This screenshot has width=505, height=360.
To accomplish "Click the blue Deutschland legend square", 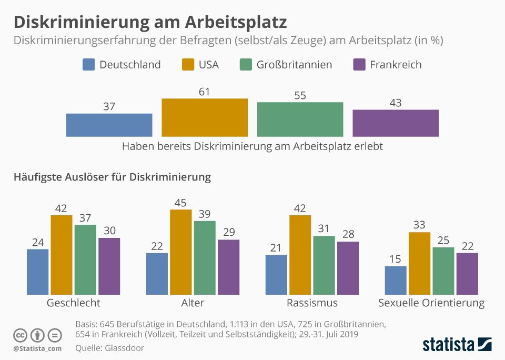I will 89,65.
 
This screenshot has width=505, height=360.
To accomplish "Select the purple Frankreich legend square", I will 359,65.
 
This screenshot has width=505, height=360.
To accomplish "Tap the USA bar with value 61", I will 205,117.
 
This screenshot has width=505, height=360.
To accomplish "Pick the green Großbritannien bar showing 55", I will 300,119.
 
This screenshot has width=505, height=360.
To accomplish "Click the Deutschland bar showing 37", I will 109,125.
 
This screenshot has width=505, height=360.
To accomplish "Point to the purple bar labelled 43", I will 396,123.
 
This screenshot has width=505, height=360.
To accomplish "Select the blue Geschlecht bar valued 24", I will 38,272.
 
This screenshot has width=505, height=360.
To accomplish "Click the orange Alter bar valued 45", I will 181,252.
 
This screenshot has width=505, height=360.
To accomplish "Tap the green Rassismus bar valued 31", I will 324,265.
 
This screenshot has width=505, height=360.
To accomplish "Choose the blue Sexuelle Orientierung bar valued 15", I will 396,280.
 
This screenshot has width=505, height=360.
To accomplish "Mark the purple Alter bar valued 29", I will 229,267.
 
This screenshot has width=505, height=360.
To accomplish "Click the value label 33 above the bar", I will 419,225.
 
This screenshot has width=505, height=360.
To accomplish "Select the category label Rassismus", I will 312,303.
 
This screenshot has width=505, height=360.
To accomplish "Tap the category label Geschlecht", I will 73,303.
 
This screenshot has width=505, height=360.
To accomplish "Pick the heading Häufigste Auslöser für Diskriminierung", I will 112,177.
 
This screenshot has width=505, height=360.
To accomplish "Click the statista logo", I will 457,345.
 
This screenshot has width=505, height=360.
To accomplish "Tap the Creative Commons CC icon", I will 21,335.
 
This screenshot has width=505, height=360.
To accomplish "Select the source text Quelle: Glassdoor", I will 109,347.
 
